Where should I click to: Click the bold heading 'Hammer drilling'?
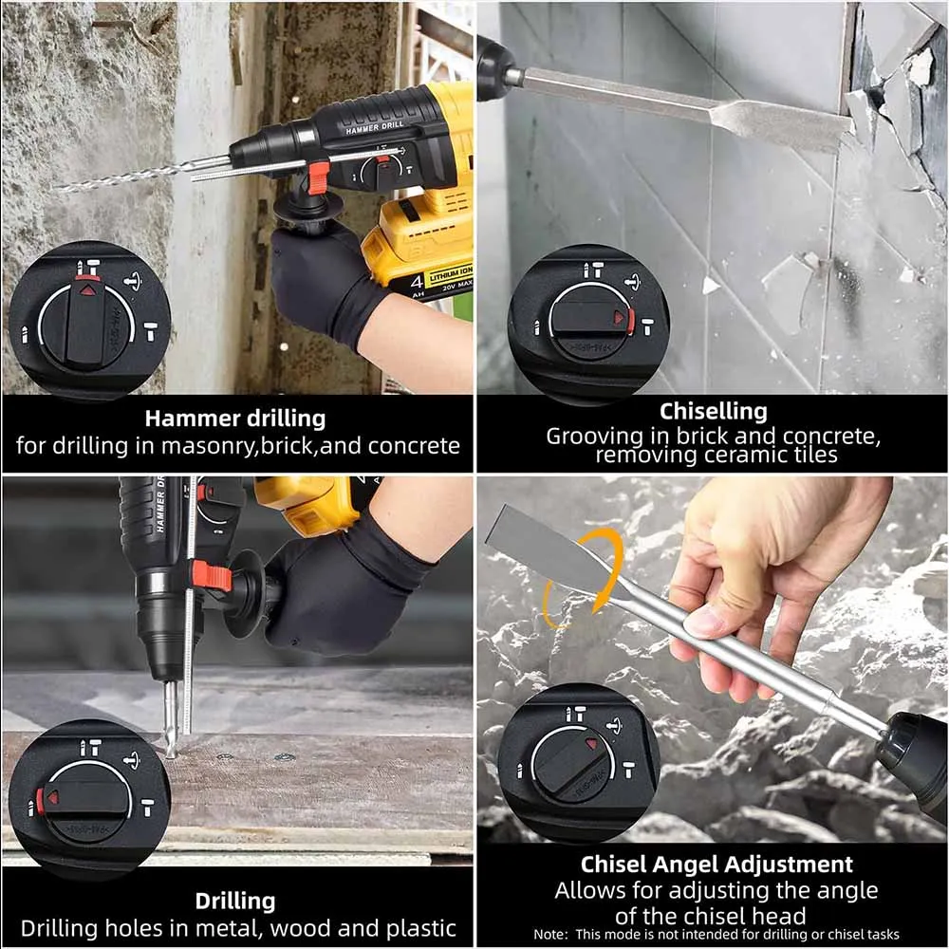click(234, 419)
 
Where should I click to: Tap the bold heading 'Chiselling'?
click(713, 412)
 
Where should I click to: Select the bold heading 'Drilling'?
click(234, 902)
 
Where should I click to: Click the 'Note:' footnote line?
click(716, 935)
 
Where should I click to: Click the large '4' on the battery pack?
click(417, 282)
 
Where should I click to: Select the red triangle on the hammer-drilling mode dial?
click(88, 289)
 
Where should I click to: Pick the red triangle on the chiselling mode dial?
click(619, 317)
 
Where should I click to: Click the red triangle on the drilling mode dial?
click(52, 798)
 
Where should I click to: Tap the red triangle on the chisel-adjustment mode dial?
click(591, 744)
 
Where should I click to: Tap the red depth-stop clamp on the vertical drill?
click(212, 576)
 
